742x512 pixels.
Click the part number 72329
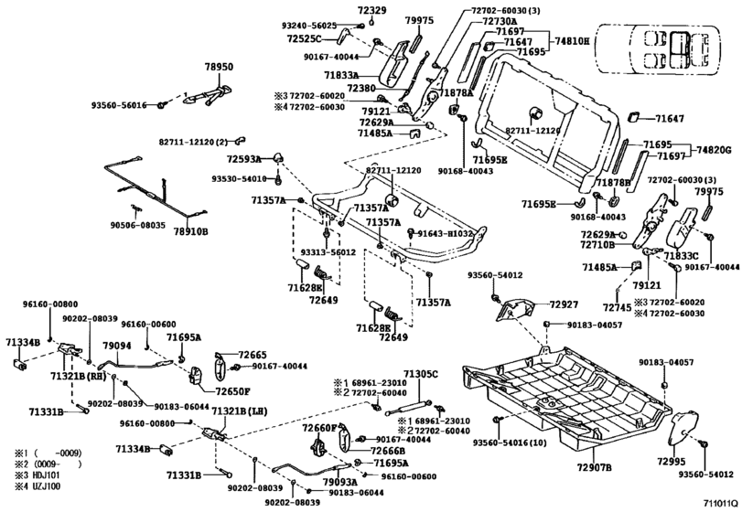[x=371, y=10]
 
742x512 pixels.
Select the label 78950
[x=219, y=68]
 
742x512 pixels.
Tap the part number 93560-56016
[x=118, y=105]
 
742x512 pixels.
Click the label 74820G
[x=715, y=150]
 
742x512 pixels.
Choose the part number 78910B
[x=191, y=232]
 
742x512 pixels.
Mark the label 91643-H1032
[x=447, y=235]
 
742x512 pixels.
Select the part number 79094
[x=117, y=346]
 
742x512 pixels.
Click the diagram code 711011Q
[x=720, y=503]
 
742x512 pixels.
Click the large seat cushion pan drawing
[x=567, y=393]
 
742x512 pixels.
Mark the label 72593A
[x=245, y=159]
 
